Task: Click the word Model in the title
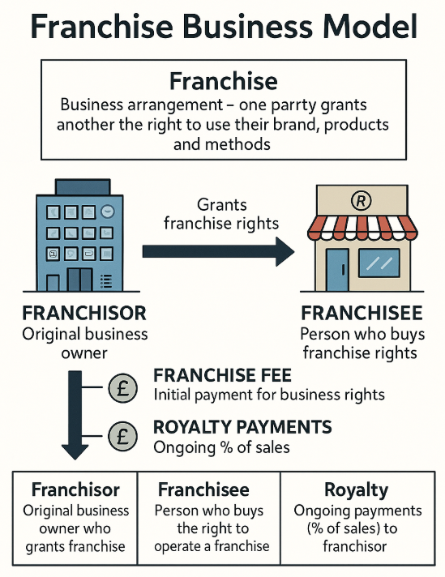click(x=369, y=27)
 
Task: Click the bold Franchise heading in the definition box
click(x=224, y=81)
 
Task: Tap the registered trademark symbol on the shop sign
click(x=361, y=200)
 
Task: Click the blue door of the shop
click(x=337, y=270)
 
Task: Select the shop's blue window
click(x=379, y=263)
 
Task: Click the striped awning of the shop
click(x=362, y=228)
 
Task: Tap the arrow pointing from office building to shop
click(x=218, y=252)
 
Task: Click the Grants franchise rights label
click(x=221, y=214)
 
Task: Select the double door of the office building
click(x=79, y=280)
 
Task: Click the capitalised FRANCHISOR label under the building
click(x=84, y=313)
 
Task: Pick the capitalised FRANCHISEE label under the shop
click(x=362, y=313)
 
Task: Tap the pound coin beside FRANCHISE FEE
click(x=123, y=388)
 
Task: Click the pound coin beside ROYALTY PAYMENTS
click(x=122, y=436)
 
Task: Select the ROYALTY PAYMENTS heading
click(x=242, y=427)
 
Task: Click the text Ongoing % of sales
click(x=221, y=447)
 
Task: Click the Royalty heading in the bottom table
click(x=357, y=489)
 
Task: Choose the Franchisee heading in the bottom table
click(x=203, y=489)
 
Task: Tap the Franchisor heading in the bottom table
click(x=75, y=489)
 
